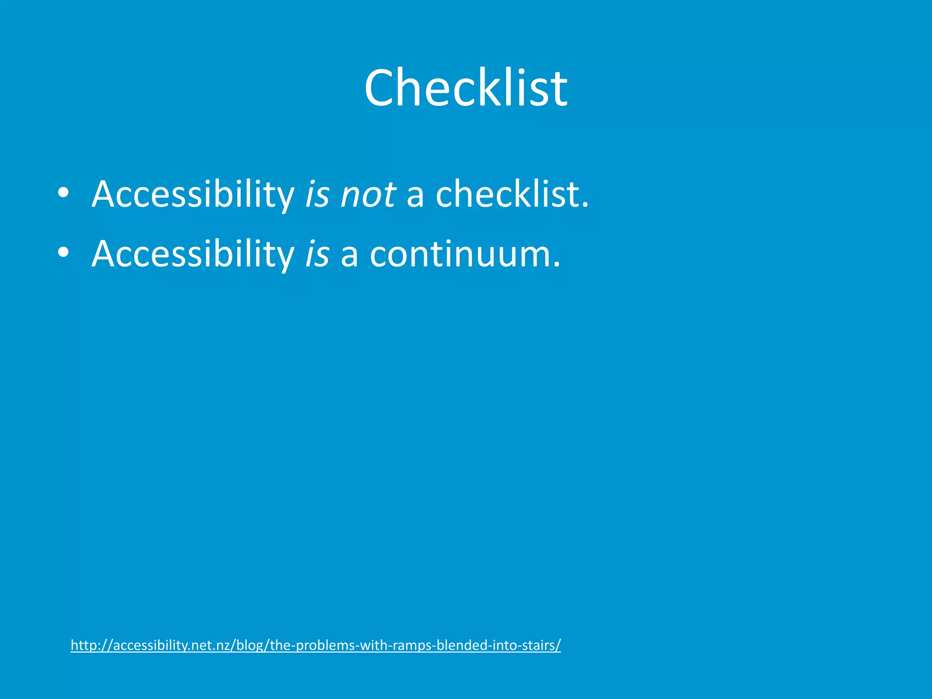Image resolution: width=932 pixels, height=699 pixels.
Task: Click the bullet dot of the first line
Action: click(63, 192)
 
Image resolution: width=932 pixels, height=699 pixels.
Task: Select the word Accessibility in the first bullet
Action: click(193, 195)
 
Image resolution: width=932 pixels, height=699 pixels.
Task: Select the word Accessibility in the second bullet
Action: click(193, 254)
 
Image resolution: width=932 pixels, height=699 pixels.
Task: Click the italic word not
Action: click(368, 195)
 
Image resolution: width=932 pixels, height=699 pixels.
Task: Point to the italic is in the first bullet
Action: click(317, 195)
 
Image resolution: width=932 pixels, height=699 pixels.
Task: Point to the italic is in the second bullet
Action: click(317, 254)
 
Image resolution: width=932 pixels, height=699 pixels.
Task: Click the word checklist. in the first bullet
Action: click(512, 195)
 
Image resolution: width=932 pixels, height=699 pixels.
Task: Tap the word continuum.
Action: click(465, 254)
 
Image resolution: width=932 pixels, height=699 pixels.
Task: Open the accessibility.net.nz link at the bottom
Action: click(315, 645)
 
